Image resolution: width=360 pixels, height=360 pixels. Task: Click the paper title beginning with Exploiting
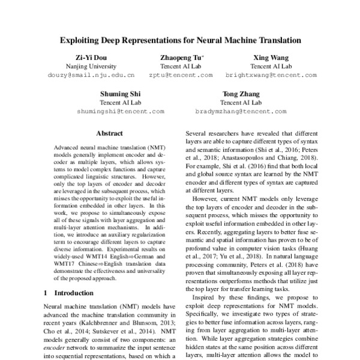tap(179, 41)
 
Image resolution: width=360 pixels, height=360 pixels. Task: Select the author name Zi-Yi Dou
tap(90, 57)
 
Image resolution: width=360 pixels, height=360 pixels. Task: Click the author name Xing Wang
tap(270, 57)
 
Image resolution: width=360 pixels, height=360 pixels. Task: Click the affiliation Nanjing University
tap(90, 66)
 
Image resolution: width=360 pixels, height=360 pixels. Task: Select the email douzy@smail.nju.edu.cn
tap(90, 76)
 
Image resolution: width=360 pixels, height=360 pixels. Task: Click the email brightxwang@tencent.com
tap(270, 76)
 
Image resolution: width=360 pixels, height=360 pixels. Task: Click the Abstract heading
tap(109, 133)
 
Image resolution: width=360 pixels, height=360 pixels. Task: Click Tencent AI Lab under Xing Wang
tap(270, 66)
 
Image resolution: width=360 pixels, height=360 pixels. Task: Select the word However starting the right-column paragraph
tap(205, 199)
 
